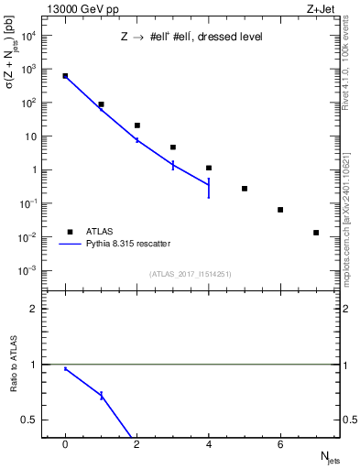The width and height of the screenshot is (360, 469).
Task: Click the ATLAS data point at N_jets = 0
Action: (65, 76)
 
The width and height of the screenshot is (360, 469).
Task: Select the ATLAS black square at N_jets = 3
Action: (173, 147)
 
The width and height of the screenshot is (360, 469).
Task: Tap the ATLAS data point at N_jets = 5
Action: (245, 189)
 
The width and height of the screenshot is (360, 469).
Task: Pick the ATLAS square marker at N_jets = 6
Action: (280, 210)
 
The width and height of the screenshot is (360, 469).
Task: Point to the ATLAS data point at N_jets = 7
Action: (316, 233)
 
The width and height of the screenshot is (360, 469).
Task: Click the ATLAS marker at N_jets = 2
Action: (137, 125)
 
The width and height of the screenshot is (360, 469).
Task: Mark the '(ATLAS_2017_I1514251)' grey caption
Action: (191, 274)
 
